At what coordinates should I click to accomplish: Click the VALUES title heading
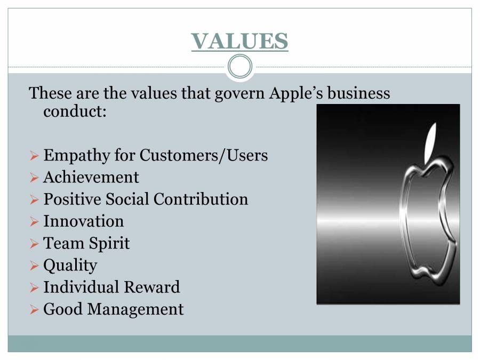click(x=239, y=41)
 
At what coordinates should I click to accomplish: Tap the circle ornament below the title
click(x=240, y=67)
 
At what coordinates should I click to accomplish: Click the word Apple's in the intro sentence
click(x=297, y=93)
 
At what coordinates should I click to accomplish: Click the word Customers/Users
click(x=204, y=155)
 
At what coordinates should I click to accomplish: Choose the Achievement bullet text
click(x=91, y=177)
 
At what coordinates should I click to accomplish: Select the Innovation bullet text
click(x=84, y=221)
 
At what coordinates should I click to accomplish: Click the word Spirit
click(x=109, y=243)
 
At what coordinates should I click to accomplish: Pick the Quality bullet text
click(x=70, y=266)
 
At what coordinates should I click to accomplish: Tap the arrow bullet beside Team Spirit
click(x=34, y=244)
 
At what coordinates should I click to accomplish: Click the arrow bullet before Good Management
click(x=34, y=310)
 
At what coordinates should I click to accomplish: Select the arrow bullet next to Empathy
click(x=34, y=156)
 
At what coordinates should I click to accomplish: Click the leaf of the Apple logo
click(x=430, y=142)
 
